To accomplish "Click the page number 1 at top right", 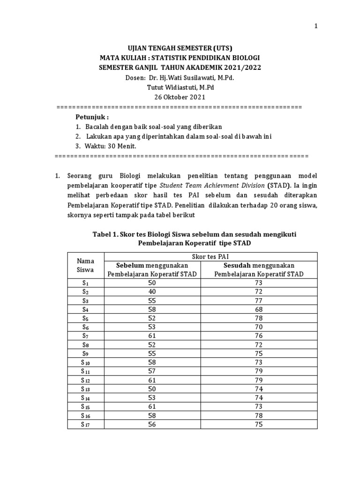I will point(316,26).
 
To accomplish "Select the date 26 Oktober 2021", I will point(180,97).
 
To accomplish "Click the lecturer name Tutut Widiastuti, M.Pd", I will point(180,87).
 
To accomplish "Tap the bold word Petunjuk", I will point(92,117).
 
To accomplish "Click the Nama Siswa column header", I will point(85,265).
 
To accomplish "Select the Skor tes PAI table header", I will point(210,256).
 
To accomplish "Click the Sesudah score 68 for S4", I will point(259,309).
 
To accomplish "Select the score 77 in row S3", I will point(259,300).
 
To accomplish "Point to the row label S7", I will point(85,336).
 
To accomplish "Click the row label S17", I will point(85,425).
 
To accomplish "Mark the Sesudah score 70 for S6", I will point(259,327).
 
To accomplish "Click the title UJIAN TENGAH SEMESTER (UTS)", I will point(180,48).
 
